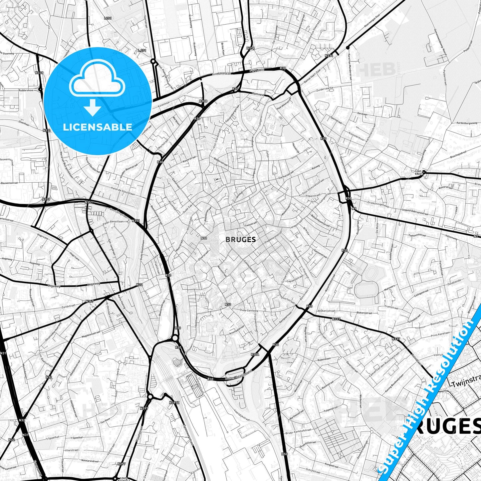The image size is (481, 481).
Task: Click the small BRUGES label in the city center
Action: pos(241,239)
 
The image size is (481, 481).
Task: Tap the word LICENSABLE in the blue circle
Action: pos(98,127)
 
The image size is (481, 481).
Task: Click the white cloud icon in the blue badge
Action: pos(97,80)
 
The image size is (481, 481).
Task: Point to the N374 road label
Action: pos(329,56)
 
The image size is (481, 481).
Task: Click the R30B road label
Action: pos(203,101)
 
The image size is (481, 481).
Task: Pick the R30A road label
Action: pos(255,355)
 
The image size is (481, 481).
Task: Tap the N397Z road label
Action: pos(174,403)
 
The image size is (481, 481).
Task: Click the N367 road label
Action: pos(89,301)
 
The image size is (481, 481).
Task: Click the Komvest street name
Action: pos(258,94)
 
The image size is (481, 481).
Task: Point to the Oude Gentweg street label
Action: pos(249,310)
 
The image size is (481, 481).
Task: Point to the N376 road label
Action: pos(250,48)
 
